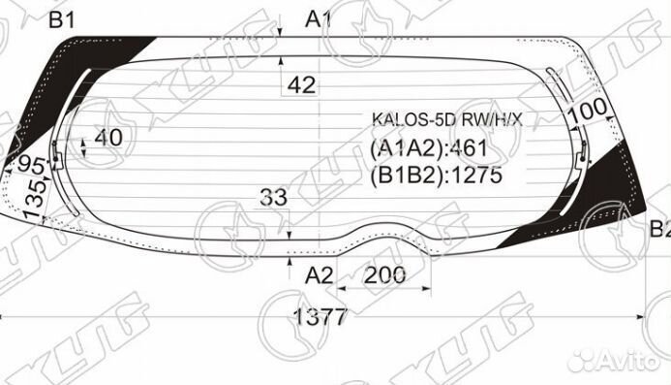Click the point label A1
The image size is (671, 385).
coord(319,17)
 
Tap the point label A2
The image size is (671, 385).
coord(319,275)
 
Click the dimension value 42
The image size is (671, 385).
coord(301,85)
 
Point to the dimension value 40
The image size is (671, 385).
coord(108,138)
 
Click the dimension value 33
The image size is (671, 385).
coord(273,198)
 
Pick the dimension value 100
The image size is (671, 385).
coord(587,114)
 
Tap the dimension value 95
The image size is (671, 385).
coord(32,164)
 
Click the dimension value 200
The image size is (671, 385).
coord(386,275)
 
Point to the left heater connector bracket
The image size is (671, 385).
coord(57,155)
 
